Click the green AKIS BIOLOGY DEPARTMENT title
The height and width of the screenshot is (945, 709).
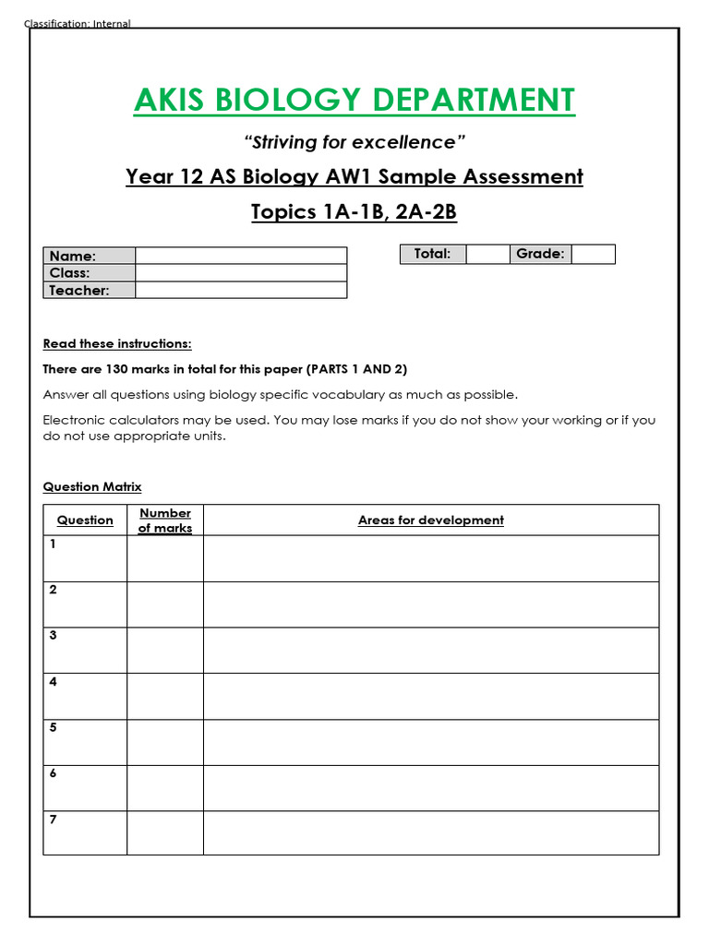click(x=354, y=100)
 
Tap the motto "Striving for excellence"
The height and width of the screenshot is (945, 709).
click(x=354, y=142)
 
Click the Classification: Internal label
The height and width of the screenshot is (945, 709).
click(x=78, y=24)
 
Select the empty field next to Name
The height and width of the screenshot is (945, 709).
click(x=241, y=256)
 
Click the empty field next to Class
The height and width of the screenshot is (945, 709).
click(x=241, y=273)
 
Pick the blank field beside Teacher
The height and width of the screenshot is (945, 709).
click(x=241, y=291)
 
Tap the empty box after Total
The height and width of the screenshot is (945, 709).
click(x=487, y=255)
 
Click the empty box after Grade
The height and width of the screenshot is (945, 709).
click(x=593, y=255)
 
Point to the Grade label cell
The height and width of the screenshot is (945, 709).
click(x=540, y=254)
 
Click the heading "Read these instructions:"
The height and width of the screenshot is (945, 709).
click(x=117, y=344)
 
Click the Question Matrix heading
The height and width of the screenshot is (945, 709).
click(x=92, y=486)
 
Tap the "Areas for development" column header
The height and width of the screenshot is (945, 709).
click(x=430, y=520)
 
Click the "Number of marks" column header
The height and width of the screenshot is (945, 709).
click(x=165, y=520)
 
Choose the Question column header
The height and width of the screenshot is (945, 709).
click(x=85, y=520)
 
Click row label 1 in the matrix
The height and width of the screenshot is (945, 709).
click(x=54, y=544)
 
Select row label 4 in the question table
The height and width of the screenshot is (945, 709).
click(x=54, y=682)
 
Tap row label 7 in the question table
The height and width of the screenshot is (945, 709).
click(x=54, y=819)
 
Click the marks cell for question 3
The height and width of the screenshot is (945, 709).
click(x=165, y=651)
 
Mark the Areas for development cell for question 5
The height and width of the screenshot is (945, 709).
click(x=430, y=742)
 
